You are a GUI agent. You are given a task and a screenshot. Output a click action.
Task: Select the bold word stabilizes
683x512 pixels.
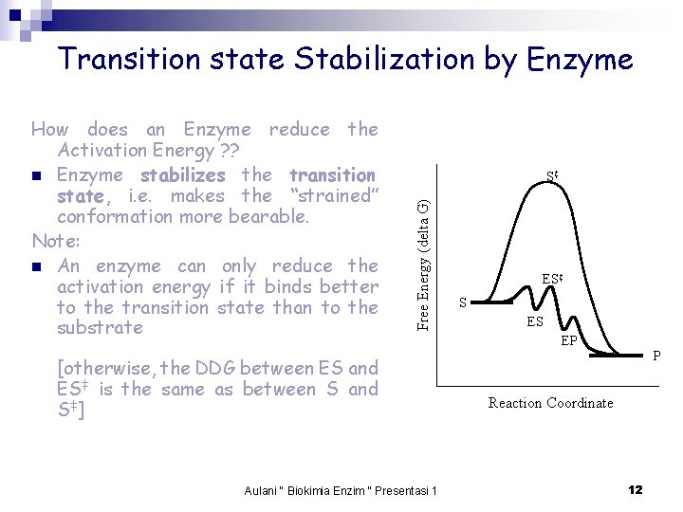tap(182, 175)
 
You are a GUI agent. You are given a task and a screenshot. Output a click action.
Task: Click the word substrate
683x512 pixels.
tap(100, 328)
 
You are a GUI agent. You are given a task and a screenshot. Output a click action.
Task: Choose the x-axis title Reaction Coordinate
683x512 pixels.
tap(550, 403)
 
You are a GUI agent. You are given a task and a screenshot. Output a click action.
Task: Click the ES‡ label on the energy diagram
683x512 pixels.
tap(553, 280)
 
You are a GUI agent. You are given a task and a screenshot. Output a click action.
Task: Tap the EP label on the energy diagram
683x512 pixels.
tap(569, 339)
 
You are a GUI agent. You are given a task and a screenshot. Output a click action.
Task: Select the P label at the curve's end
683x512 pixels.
tap(657, 357)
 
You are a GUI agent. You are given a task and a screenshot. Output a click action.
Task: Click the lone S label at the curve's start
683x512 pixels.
tap(463, 302)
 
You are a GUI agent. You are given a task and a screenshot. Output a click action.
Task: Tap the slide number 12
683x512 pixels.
tap(635, 489)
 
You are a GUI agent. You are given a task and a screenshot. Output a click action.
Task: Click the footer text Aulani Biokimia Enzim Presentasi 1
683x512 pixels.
tap(341, 490)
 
